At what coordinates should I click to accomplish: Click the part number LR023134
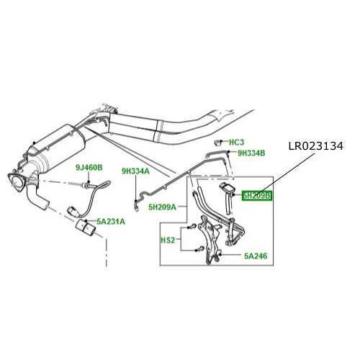(x=316, y=146)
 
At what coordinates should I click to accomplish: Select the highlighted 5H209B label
(x=257, y=196)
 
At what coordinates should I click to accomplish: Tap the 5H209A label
(x=162, y=207)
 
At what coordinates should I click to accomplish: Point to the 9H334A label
(x=135, y=171)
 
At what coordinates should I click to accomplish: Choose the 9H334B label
(x=251, y=153)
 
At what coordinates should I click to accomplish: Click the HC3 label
(x=236, y=143)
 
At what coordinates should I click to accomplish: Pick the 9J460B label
(x=89, y=168)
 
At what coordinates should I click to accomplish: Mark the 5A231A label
(x=111, y=222)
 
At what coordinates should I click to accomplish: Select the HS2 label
(x=168, y=240)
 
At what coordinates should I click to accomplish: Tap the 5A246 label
(x=256, y=256)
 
